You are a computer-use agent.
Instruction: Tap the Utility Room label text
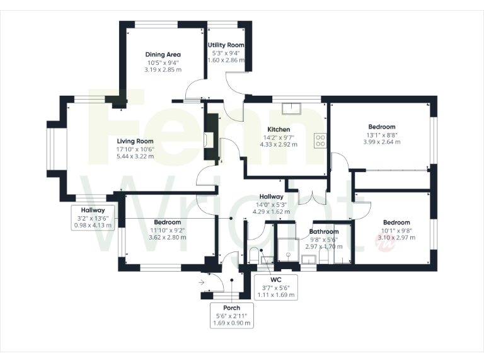[226, 45]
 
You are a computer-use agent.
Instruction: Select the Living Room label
[135, 141]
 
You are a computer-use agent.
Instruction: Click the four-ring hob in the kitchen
[320, 140]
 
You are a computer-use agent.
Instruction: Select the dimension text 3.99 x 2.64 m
[382, 142]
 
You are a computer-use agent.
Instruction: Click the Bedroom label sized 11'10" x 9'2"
[167, 222]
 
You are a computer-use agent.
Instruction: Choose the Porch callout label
[231, 308]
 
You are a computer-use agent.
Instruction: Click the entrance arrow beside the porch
[202, 282]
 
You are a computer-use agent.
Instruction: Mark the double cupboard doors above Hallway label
[307, 197]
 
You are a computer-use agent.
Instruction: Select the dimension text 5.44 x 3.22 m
[135, 156]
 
